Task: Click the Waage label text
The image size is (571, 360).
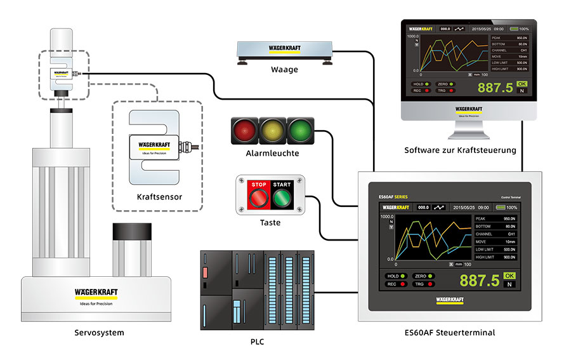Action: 284,70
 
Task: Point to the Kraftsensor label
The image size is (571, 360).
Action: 159,197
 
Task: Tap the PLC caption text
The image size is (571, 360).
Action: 257,342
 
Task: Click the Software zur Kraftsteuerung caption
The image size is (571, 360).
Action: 460,150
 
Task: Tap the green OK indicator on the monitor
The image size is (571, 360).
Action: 522,84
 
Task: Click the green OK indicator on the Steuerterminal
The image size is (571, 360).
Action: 509,276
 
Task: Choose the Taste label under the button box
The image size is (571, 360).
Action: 270,222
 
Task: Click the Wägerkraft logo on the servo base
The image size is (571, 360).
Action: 96,293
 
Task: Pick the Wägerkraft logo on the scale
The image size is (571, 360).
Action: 285,48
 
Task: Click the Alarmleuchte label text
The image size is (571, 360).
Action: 272,153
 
